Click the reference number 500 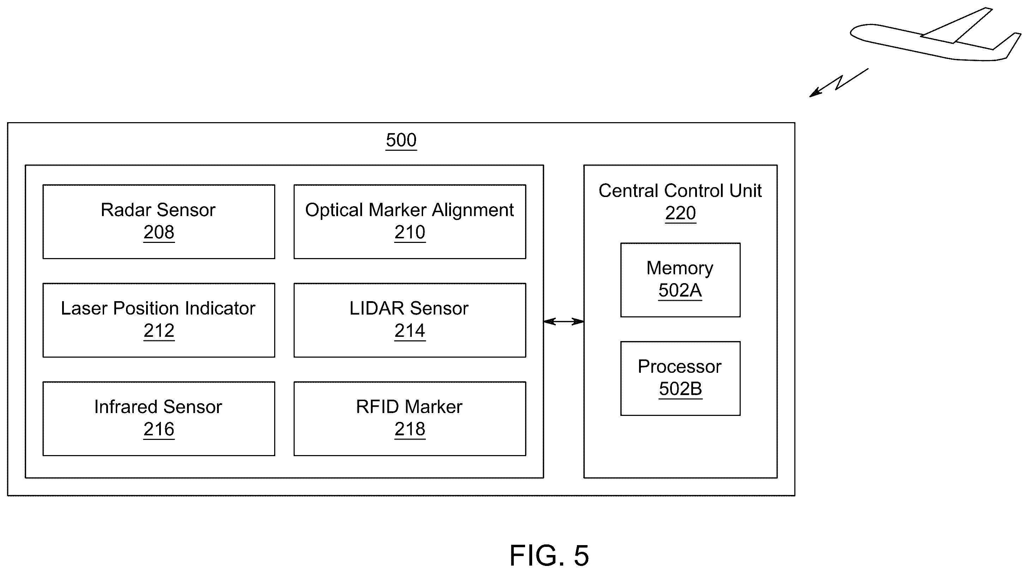(401, 140)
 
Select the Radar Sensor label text (158, 210)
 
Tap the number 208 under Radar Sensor (159, 232)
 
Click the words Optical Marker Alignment (409, 210)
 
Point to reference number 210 (410, 232)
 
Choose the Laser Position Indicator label (158, 308)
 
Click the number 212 (159, 331)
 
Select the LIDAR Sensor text (409, 308)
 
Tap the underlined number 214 (410, 331)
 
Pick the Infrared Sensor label (158, 407)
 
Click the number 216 (159, 429)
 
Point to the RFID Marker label (409, 407)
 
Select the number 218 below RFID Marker (410, 429)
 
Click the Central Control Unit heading (680, 191)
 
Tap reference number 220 (681, 213)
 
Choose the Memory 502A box (680, 280)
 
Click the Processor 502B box (680, 378)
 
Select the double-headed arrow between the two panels (564, 321)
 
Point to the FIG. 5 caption (549, 555)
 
